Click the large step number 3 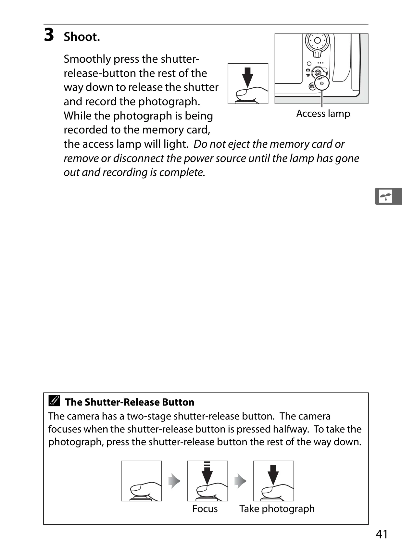pos(49,35)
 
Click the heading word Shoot pos(82,37)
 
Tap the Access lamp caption pos(323,114)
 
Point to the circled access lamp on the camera pos(322,83)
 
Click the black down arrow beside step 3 pos(247,78)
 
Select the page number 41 pos(382,534)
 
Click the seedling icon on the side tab pos(386,196)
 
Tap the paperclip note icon pos(54,401)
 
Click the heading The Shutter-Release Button pos(130,402)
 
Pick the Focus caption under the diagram pos(205,509)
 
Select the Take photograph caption pos(277,509)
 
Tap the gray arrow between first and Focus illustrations pos(174,481)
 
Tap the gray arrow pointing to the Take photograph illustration pos(241,481)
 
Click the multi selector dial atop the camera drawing pos(317,41)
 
